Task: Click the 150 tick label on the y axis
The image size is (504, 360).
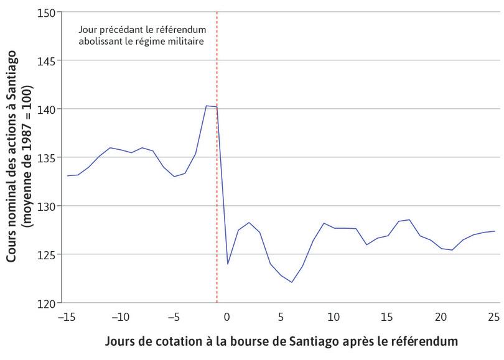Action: pyautogui.click(x=47, y=12)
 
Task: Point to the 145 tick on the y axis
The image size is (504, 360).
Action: pyautogui.click(x=47, y=61)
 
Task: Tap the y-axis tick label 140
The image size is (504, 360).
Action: pyautogui.click(x=47, y=109)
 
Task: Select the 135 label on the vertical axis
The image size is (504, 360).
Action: pyautogui.click(x=47, y=157)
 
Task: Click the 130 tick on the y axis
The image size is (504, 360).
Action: pyautogui.click(x=47, y=206)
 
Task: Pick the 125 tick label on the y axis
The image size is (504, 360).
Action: pyautogui.click(x=47, y=254)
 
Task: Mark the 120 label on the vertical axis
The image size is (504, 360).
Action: pyautogui.click(x=47, y=303)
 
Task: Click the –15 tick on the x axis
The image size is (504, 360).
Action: pyautogui.click(x=66, y=317)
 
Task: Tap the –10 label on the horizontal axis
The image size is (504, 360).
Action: pyautogui.click(x=119, y=317)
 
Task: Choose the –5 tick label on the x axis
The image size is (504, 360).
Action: pyautogui.click(x=173, y=317)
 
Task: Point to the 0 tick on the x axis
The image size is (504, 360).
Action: pyautogui.click(x=227, y=317)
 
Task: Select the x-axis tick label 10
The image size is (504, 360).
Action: pyautogui.click(x=334, y=317)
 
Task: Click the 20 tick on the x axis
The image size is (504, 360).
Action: pyautogui.click(x=441, y=317)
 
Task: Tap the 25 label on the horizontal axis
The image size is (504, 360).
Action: pyautogui.click(x=494, y=317)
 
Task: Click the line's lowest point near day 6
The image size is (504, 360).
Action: pyautogui.click(x=291, y=282)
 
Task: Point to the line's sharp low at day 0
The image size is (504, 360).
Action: pyautogui.click(x=228, y=264)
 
